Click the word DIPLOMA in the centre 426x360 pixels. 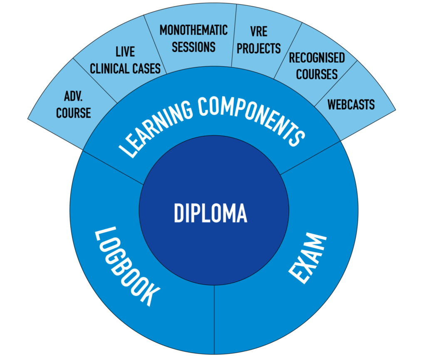(211, 213)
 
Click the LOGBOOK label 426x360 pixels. (127, 266)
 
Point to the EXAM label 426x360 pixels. (307, 258)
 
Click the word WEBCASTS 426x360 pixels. (351, 104)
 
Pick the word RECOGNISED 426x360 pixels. (317, 58)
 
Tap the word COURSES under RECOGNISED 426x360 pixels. (317, 74)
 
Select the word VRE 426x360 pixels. (259, 32)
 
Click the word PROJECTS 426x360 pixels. (259, 48)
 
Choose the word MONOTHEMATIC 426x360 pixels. (193, 30)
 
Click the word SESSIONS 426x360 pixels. (193, 47)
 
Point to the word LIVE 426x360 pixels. (125, 52)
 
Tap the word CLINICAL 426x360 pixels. (109, 69)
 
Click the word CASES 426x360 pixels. (146, 69)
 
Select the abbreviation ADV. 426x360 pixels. (73, 96)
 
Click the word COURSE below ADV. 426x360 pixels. (73, 113)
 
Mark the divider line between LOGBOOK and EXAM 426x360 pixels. (214, 320)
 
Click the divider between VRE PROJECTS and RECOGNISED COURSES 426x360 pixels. (288, 51)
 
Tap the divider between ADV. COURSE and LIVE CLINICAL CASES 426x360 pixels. (95, 81)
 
